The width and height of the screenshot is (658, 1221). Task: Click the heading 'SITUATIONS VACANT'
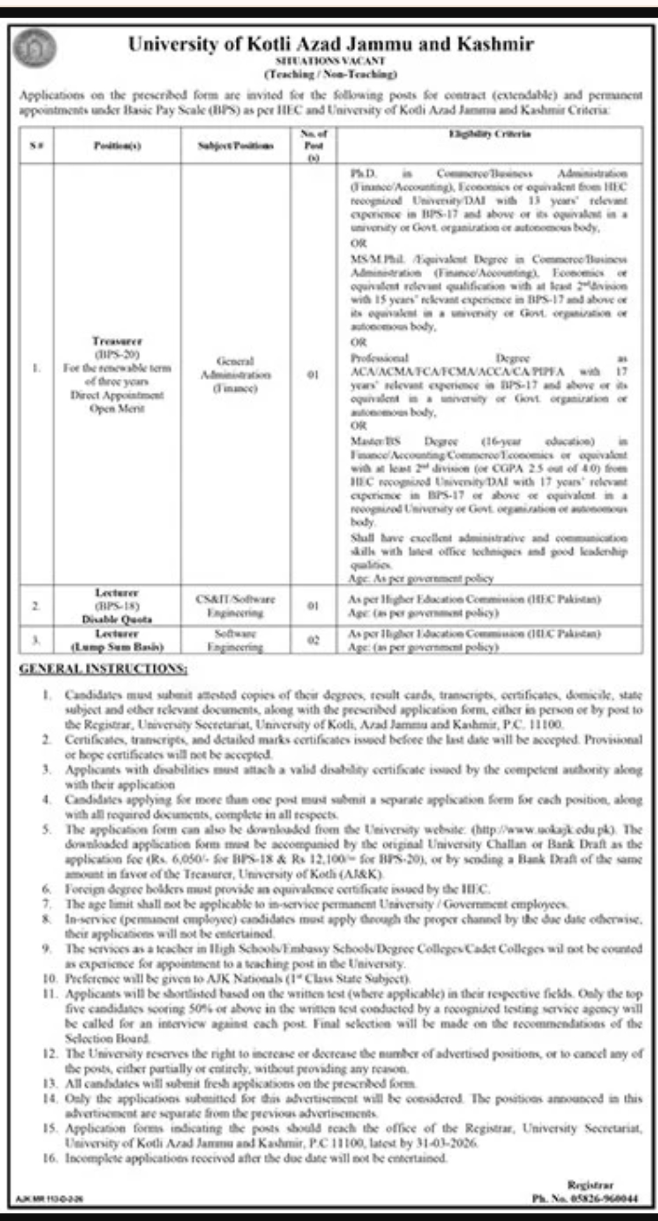click(330, 61)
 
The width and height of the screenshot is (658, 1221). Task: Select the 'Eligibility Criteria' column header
click(490, 134)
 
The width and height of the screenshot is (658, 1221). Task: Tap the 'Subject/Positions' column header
click(236, 146)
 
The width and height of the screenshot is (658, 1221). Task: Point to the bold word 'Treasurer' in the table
click(117, 341)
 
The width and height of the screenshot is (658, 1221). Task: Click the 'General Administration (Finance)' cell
click(236, 374)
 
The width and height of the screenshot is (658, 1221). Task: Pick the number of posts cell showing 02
click(313, 640)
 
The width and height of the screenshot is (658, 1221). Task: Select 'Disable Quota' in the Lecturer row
click(117, 619)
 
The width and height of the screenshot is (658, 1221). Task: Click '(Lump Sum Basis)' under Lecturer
click(117, 647)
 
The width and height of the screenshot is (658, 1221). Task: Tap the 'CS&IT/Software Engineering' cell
click(236, 605)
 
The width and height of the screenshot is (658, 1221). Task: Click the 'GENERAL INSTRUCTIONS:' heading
click(104, 669)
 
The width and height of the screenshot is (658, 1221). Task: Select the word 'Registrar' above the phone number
click(590, 1184)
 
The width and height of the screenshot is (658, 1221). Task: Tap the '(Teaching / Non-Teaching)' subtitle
click(330, 74)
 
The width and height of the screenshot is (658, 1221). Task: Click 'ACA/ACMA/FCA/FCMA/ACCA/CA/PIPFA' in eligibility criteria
click(458, 371)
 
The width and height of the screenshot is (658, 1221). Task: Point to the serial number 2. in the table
click(37, 606)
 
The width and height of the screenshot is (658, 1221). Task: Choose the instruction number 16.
click(49, 1158)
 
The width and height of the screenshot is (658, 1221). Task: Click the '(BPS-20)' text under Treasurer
click(117, 354)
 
